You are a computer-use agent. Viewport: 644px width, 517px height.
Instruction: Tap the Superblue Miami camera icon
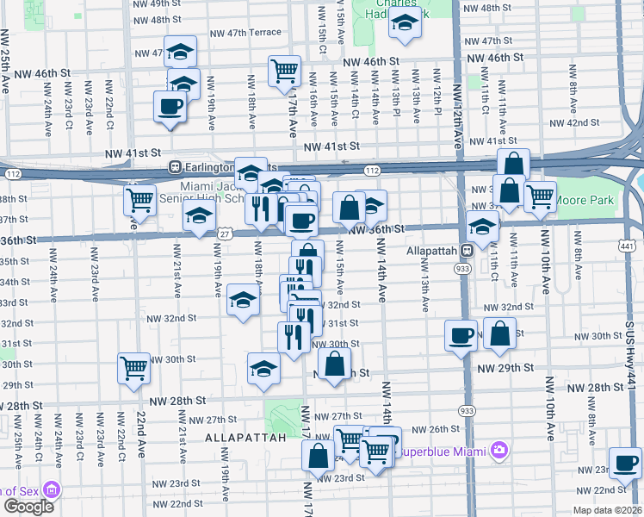[498, 449]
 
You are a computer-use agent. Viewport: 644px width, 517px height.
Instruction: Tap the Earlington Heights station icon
[175, 166]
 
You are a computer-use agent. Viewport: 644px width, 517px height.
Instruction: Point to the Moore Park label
[595, 200]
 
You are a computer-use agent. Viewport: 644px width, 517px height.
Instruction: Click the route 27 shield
[224, 234]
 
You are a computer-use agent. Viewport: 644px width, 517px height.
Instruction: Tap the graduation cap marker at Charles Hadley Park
[404, 25]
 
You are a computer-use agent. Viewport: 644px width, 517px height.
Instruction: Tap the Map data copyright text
[607, 509]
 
